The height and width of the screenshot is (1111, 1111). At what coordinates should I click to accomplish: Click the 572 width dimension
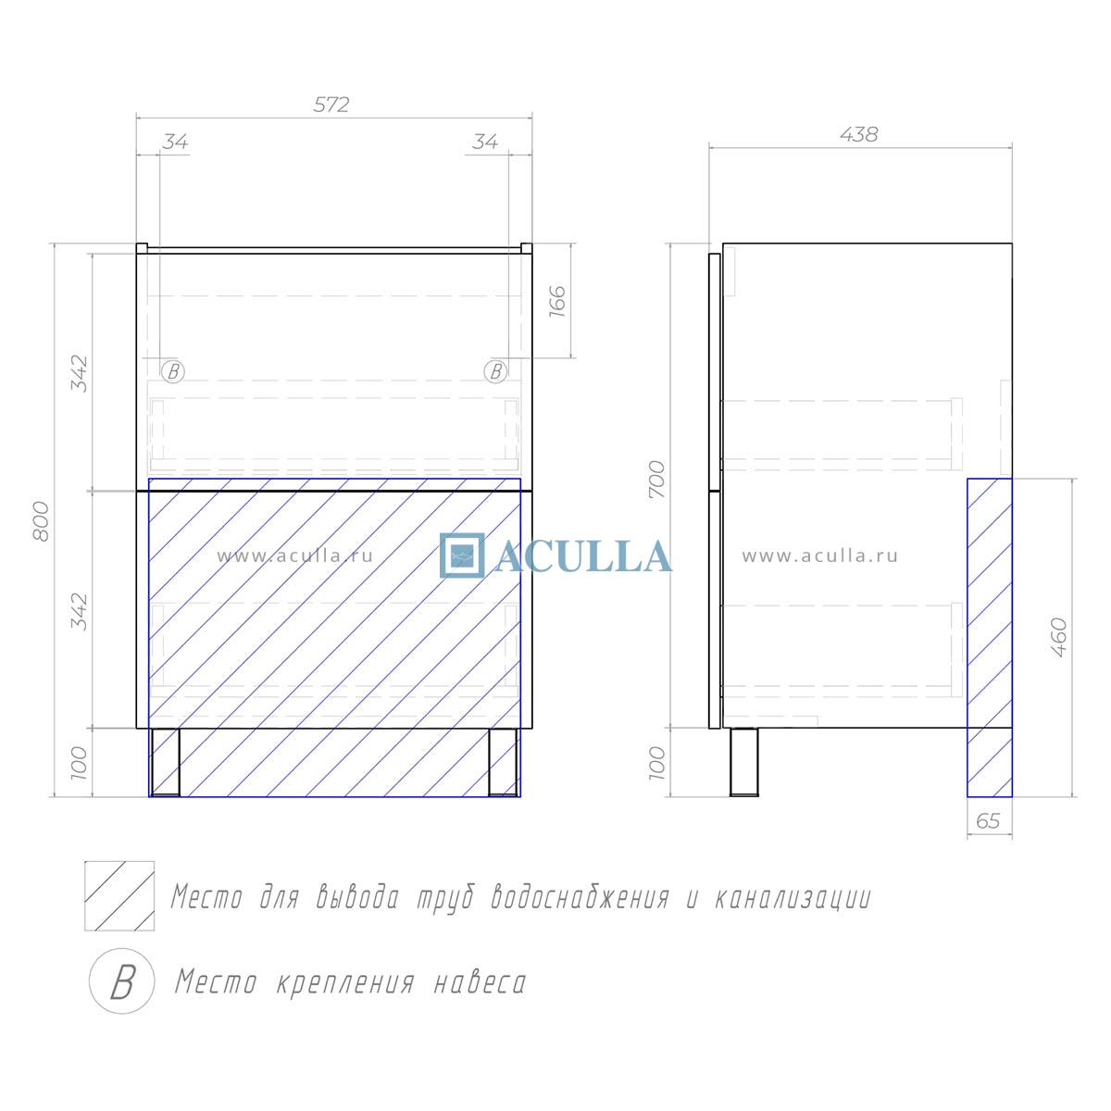tap(331, 105)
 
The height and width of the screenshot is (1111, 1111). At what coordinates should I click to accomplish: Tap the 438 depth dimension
tap(858, 135)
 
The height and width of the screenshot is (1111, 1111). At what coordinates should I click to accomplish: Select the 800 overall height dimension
tap(41, 521)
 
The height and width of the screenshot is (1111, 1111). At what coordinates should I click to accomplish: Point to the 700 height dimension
tap(656, 479)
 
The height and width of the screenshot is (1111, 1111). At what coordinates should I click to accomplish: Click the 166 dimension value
tap(557, 302)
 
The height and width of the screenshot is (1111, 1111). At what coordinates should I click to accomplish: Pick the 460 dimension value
tap(1059, 638)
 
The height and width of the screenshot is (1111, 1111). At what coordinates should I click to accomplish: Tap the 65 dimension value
tap(988, 821)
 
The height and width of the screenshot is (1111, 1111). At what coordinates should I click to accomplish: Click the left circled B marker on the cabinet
tap(173, 371)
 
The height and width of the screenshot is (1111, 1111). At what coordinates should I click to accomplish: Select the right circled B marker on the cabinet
tap(496, 371)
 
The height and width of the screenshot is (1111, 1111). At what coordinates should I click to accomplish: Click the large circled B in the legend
tap(121, 981)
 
